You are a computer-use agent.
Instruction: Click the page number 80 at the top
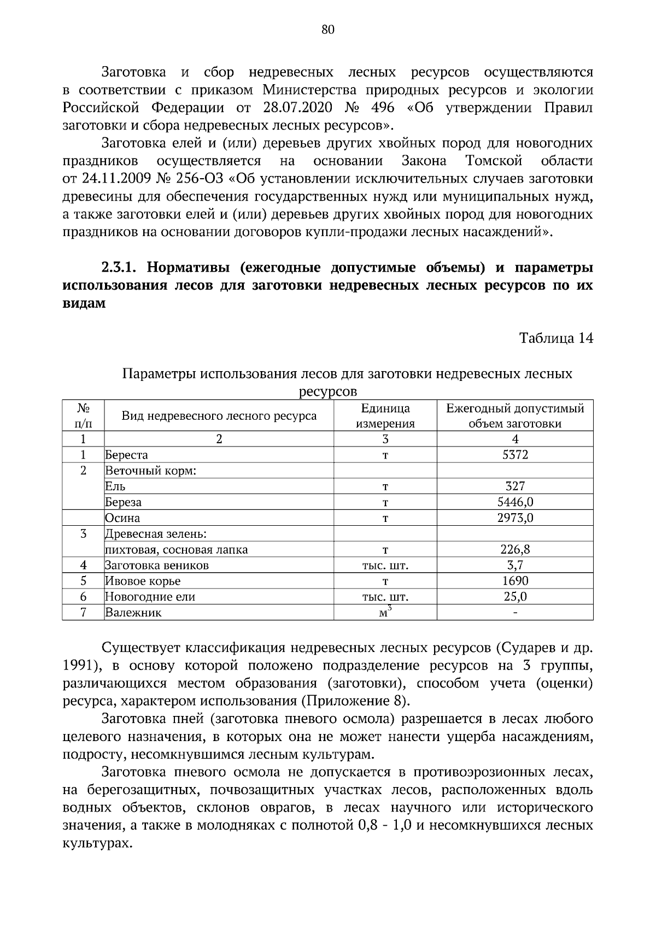click(x=328, y=30)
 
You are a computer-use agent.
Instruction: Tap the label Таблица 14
click(x=556, y=338)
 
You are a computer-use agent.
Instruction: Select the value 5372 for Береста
click(x=515, y=455)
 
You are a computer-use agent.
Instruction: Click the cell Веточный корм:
click(x=151, y=471)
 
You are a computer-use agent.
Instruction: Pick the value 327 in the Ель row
click(x=515, y=486)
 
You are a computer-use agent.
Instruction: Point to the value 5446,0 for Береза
click(x=515, y=502)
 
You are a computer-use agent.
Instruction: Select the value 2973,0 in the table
click(x=515, y=518)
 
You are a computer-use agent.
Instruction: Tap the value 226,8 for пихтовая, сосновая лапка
click(x=515, y=549)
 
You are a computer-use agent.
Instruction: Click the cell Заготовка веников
click(x=157, y=565)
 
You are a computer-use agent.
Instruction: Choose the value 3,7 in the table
click(x=515, y=565)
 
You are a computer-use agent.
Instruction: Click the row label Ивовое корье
click(x=143, y=581)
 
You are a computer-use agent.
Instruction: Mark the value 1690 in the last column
click(x=515, y=581)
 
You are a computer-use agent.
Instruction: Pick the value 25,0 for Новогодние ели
click(x=515, y=597)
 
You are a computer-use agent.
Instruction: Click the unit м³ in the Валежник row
click(x=385, y=612)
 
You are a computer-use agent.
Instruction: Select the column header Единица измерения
click(x=385, y=416)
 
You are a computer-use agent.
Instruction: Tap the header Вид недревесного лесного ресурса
click(x=219, y=416)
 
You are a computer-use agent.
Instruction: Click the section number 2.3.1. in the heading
click(x=121, y=268)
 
